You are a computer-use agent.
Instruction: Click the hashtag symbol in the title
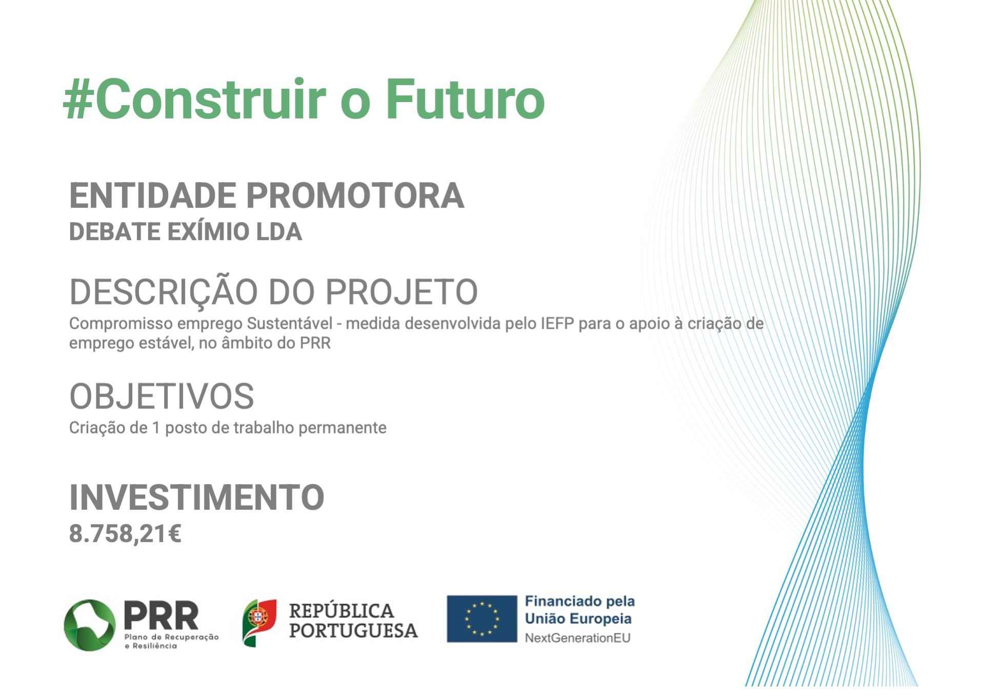[x=78, y=100]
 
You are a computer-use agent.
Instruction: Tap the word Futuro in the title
[x=465, y=99]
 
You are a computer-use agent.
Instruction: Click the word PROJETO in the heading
[x=401, y=292]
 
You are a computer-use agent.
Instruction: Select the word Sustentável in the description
[x=290, y=324]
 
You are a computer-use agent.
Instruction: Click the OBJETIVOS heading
[x=162, y=396]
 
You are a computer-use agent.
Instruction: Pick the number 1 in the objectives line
[x=156, y=428]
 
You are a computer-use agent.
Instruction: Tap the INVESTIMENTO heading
[x=197, y=497]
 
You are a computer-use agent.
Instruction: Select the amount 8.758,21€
[x=125, y=534]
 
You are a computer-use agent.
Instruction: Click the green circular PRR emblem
[x=90, y=625]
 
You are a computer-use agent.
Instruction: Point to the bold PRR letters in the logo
[x=161, y=615]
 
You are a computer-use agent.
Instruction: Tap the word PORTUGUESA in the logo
[x=353, y=631]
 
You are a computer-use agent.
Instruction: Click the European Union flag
[x=482, y=619]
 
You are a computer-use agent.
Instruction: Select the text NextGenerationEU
[x=577, y=638]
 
